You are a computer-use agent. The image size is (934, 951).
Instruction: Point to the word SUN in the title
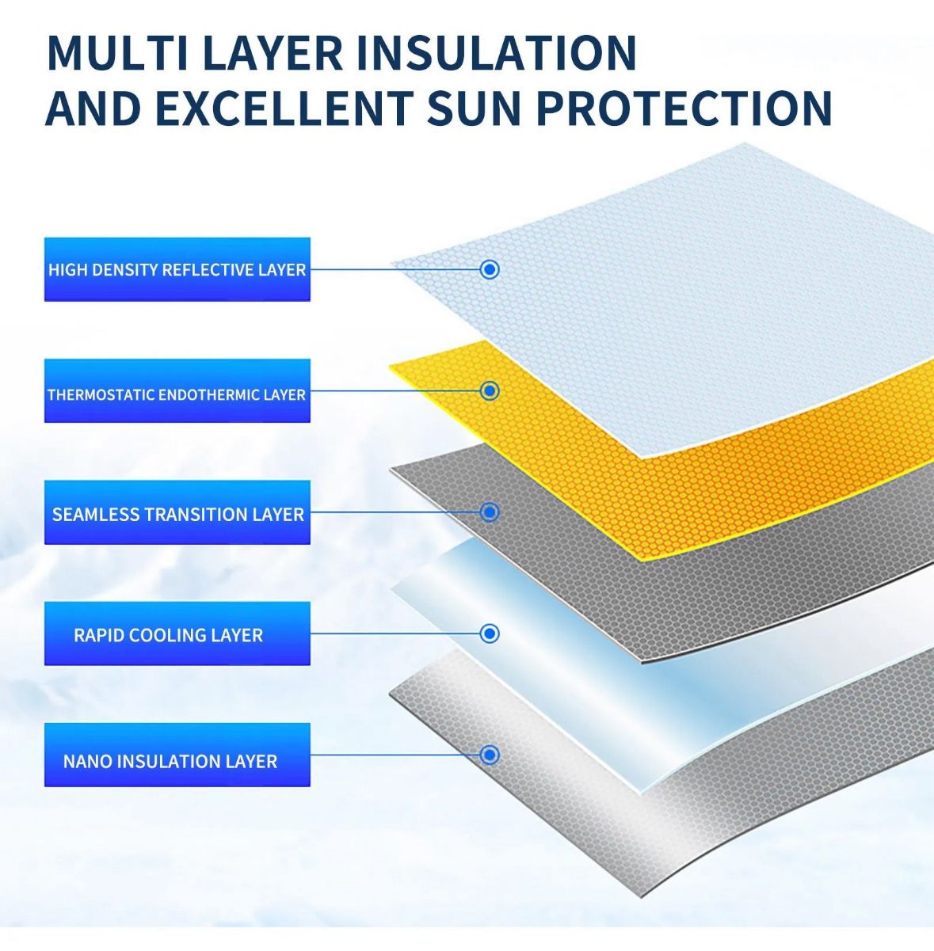pos(475,107)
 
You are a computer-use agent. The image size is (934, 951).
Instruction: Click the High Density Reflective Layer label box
pos(177,269)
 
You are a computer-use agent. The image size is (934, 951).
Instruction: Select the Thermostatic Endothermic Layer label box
pos(177,390)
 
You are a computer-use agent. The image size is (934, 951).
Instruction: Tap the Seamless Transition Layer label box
pos(177,512)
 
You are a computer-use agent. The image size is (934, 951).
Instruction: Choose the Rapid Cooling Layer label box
pos(177,633)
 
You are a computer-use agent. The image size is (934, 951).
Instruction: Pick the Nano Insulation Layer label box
pos(177,755)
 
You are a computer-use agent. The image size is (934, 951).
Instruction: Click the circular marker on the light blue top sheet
pos(490,269)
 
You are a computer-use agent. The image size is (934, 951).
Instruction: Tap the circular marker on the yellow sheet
pos(490,391)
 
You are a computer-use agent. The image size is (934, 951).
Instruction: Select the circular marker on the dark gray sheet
pos(490,512)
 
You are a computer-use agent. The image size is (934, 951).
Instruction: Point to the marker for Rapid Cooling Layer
pos(490,633)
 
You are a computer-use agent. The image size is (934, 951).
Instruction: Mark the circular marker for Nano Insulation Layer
pos(490,755)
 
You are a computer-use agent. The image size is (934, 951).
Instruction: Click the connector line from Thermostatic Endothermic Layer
pos(395,391)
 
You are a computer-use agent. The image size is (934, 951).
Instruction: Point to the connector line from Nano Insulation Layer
pos(395,755)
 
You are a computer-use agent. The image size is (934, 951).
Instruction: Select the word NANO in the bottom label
pos(88,762)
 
